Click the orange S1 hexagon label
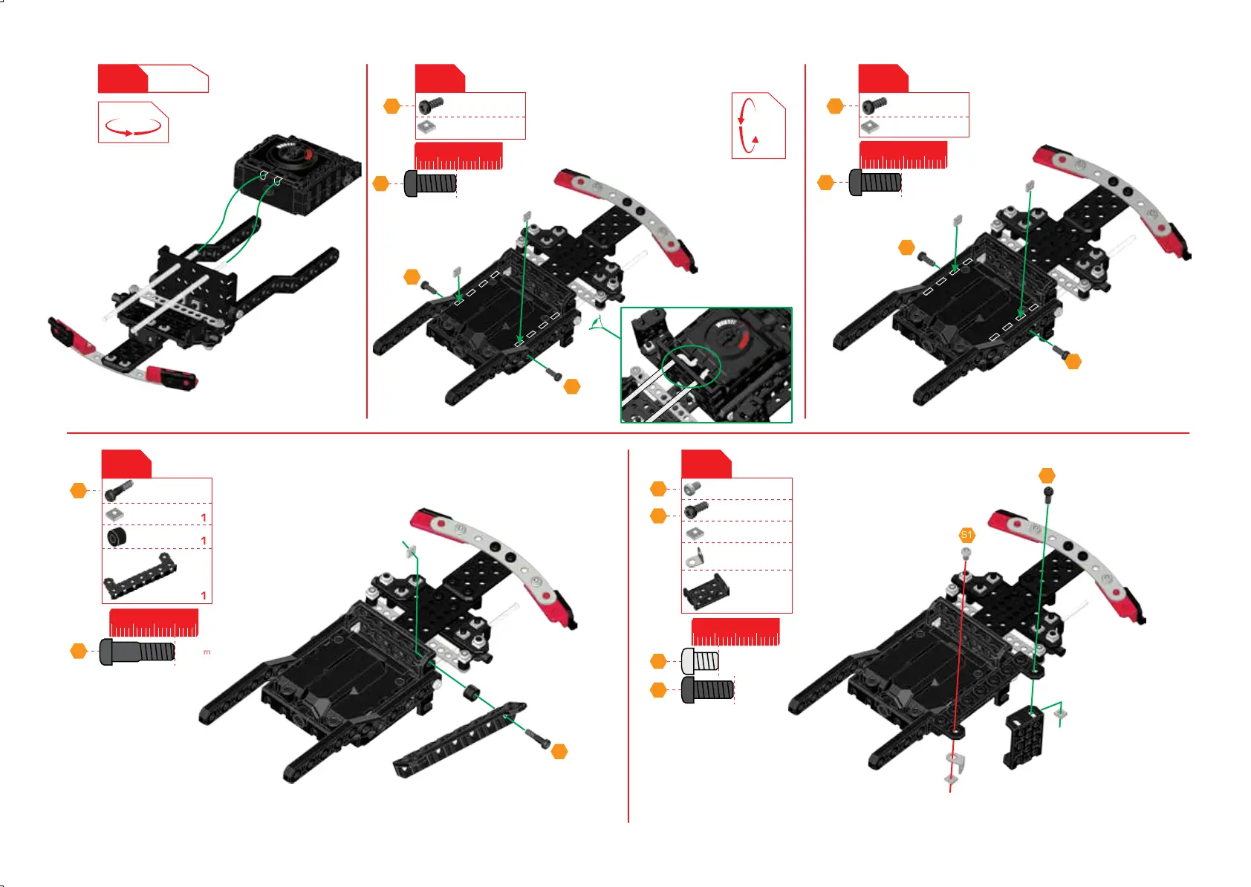[x=966, y=535]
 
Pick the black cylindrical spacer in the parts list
[x=117, y=536]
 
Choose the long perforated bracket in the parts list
[x=140, y=576]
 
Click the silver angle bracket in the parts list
[x=695, y=556]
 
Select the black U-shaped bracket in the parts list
[x=705, y=591]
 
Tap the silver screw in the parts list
[x=692, y=487]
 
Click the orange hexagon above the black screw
[x=1047, y=475]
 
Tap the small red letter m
[x=207, y=652]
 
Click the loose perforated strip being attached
[x=460, y=738]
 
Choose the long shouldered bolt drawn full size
[x=137, y=652]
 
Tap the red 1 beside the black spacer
[x=204, y=541]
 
